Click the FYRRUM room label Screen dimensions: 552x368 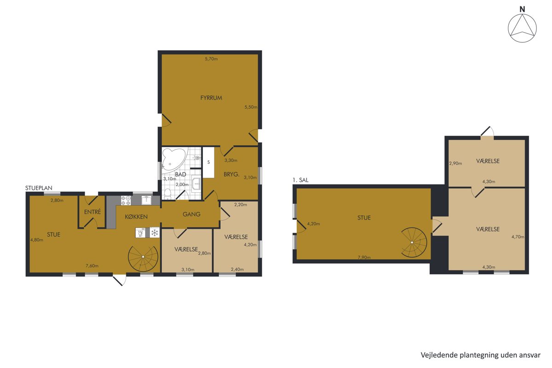coord(211,98)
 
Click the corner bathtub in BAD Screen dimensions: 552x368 coord(173,159)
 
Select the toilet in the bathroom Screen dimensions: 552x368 coord(168,194)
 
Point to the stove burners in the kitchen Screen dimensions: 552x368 coord(126,200)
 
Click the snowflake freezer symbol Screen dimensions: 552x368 coord(155,233)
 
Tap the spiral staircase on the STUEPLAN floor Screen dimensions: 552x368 coord(143,257)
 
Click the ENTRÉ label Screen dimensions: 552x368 coord(92,212)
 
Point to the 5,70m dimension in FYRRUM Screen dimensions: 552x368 coord(211,59)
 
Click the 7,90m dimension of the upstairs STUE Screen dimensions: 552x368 coord(364,257)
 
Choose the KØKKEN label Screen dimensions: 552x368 coord(136,217)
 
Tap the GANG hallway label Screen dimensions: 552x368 coord(191,214)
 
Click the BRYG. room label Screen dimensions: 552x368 coord(231,174)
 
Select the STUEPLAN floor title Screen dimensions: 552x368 coord(39,188)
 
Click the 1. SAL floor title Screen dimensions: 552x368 coord(300,180)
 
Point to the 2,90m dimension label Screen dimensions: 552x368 coord(455,163)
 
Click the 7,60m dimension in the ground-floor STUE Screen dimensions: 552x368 coord(92,266)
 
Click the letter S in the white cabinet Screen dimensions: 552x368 coord(208,162)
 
